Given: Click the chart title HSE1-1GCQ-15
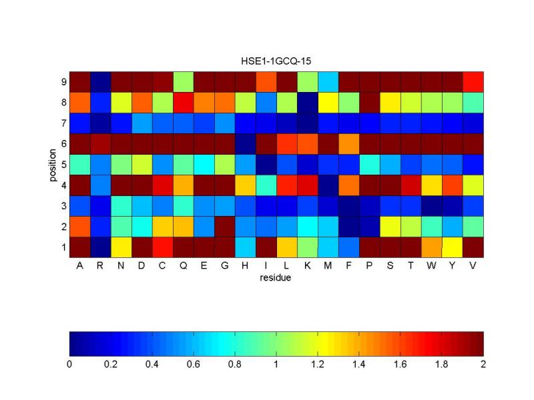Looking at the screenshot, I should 276,61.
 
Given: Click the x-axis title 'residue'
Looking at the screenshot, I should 276,278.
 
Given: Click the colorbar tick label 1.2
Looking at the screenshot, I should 318,365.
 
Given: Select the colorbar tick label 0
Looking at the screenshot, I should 70,365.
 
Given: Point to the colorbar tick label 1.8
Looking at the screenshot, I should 442,365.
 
